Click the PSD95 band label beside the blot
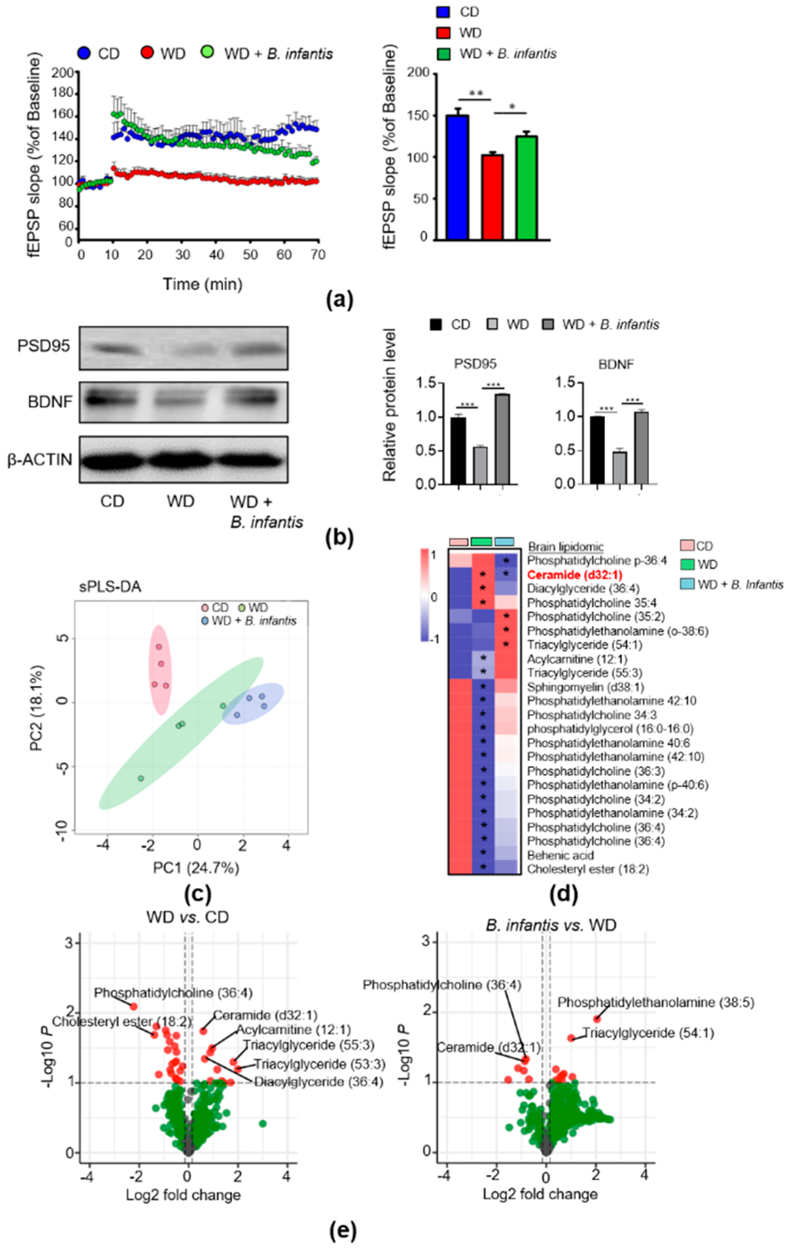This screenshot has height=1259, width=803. tap(43, 346)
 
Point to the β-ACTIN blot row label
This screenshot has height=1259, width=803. tap(40, 460)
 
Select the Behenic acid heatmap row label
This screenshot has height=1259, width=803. tap(560, 856)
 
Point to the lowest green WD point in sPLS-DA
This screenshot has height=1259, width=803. tap(141, 778)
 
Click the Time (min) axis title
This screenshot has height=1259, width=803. tap(203, 284)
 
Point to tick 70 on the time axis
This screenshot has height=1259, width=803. tap(318, 255)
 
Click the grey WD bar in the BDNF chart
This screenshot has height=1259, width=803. tap(620, 467)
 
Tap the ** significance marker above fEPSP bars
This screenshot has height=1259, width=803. tap(475, 94)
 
